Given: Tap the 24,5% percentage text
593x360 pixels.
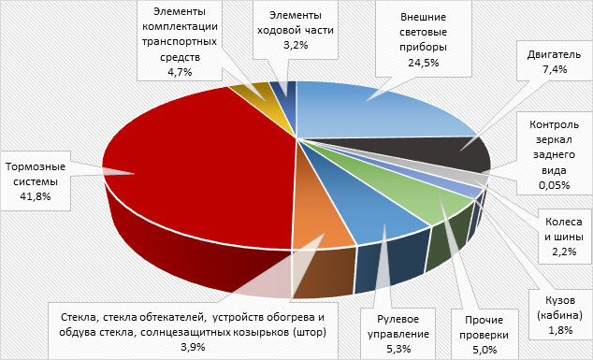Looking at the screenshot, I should click(x=422, y=63).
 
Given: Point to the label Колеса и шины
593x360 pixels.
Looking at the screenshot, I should click(x=561, y=230).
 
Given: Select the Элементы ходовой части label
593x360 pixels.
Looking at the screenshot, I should click(x=295, y=22).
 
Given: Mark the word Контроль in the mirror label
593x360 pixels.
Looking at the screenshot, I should click(x=553, y=123).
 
